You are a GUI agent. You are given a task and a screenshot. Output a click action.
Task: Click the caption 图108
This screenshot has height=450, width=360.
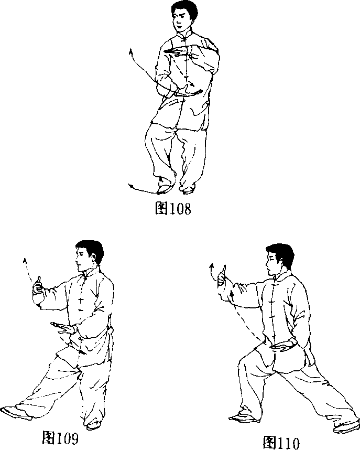[x=173, y=208]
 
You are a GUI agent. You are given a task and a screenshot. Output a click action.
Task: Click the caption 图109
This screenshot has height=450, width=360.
[x=60, y=437]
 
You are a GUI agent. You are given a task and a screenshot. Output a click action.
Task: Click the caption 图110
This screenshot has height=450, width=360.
[x=281, y=442]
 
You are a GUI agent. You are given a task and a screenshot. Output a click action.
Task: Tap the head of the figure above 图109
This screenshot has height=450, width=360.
[x=89, y=256]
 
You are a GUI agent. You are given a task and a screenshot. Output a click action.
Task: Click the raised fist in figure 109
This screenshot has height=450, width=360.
[x=38, y=286]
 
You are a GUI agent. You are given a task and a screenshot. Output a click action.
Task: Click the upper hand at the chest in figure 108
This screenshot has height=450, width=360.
[x=176, y=51]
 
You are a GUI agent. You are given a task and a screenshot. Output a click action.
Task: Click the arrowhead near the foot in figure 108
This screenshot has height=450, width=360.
[x=131, y=186]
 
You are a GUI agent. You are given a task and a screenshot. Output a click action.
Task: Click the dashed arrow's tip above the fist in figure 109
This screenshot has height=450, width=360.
[x=25, y=261]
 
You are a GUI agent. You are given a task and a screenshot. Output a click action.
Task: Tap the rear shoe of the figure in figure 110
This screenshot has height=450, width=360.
[x=347, y=426]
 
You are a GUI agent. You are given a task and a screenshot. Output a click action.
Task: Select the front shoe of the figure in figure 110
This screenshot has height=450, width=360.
[x=245, y=417]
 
